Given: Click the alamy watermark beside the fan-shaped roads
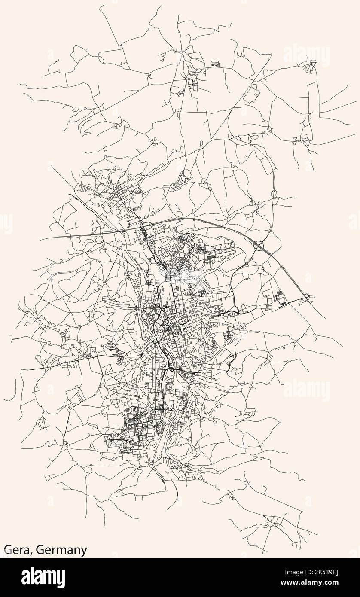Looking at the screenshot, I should (306, 55).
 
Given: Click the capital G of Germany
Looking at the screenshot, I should (40, 550).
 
